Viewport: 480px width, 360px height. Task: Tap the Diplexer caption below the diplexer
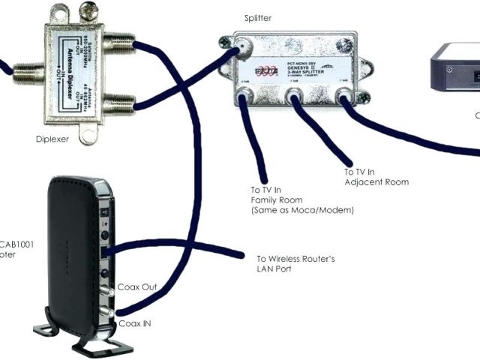click(x=53, y=139)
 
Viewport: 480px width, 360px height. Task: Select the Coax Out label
click(x=138, y=288)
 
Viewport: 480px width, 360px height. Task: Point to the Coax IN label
click(x=136, y=324)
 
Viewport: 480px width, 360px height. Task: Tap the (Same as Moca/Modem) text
click(x=301, y=211)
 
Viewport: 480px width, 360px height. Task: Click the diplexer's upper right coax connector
click(x=120, y=46)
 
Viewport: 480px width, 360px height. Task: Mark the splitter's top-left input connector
click(x=244, y=50)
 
